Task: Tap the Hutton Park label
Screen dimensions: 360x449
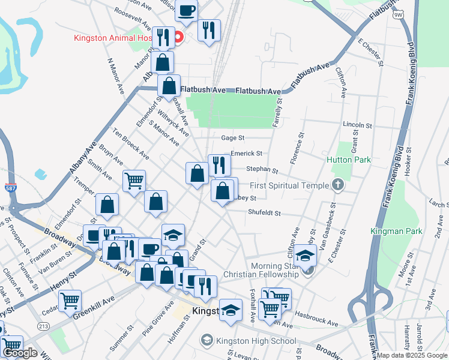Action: tap(349, 160)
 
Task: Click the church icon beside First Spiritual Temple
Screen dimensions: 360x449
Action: tap(338, 185)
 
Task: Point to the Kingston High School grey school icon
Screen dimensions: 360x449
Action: tap(207, 341)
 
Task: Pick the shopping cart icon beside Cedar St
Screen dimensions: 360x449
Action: tap(70, 299)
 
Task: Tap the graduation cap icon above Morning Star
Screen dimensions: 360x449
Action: tap(306, 255)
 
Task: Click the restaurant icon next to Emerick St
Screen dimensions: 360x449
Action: tap(219, 164)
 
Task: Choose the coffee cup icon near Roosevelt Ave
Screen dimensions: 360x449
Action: tap(187, 10)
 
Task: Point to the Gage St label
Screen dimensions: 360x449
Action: tap(233, 138)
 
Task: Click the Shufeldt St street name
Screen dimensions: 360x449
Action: tap(265, 212)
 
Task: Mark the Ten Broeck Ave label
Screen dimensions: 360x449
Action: tap(130, 145)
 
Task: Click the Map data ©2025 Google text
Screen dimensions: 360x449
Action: tap(412, 355)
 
